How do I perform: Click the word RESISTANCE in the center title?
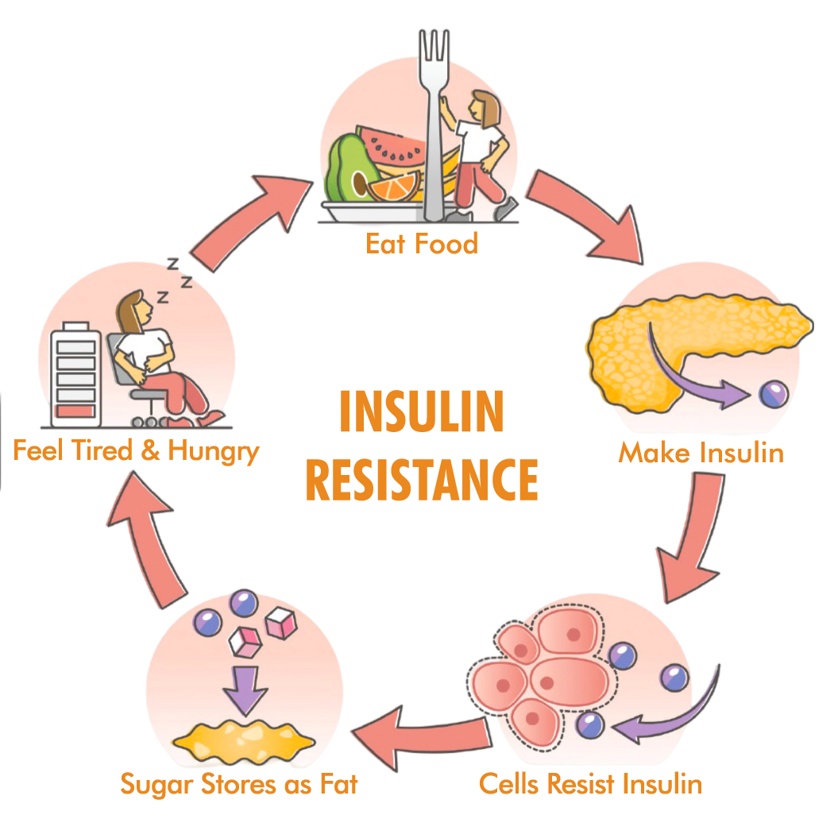tap(421, 479)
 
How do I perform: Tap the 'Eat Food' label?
tap(421, 243)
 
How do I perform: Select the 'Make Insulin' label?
tap(701, 453)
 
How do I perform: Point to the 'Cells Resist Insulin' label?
tap(590, 784)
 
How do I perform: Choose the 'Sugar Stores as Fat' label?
tap(239, 785)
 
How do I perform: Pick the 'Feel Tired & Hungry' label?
tap(136, 451)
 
